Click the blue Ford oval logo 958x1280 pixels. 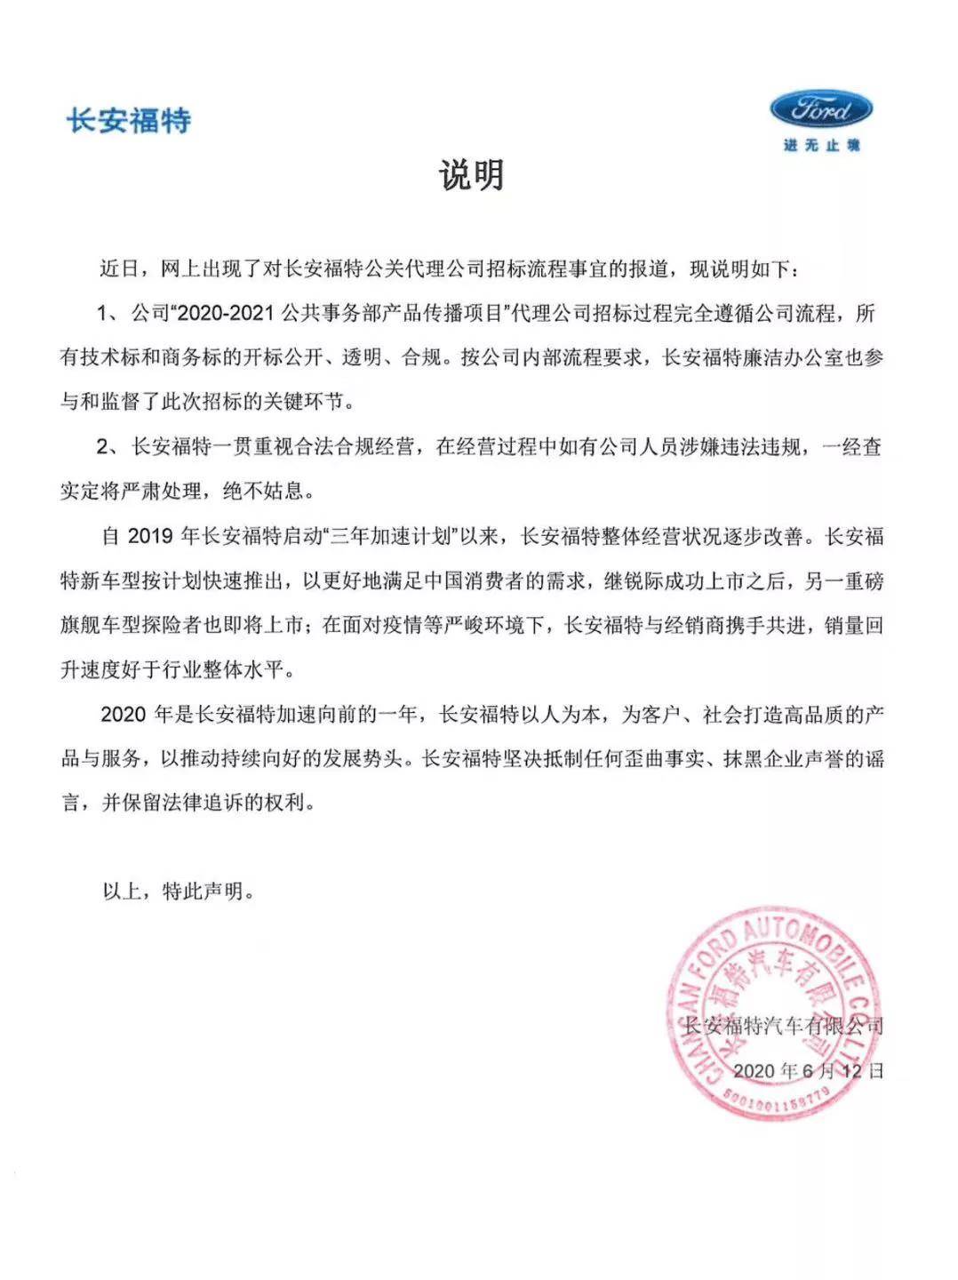(x=820, y=110)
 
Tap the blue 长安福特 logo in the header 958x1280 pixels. (x=129, y=120)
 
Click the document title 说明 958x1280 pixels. (x=471, y=175)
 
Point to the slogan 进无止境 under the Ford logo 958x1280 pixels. (x=821, y=145)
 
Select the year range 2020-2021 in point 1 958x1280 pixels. (x=227, y=313)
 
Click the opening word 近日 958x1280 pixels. (x=121, y=268)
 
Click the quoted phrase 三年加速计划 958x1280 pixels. (x=394, y=536)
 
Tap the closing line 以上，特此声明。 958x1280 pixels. (x=179, y=891)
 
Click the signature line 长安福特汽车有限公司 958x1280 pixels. (x=783, y=1026)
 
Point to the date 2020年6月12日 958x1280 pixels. (x=809, y=1070)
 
